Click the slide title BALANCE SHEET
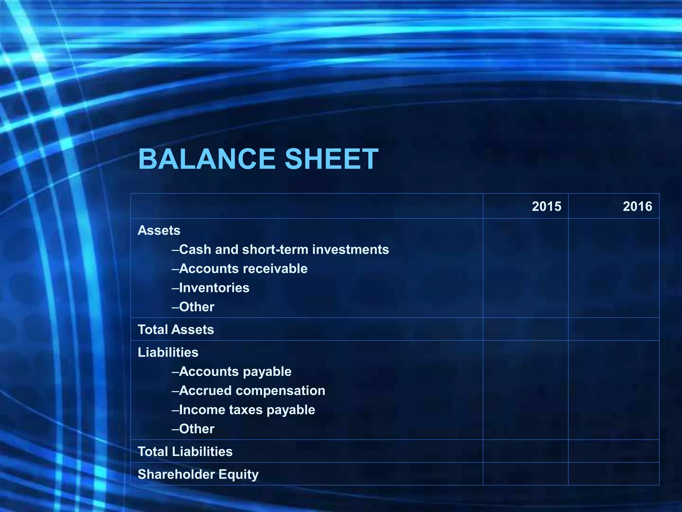click(x=258, y=159)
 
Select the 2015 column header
click(x=546, y=206)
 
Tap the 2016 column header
click(x=637, y=206)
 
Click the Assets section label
click(x=159, y=230)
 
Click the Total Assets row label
click(x=176, y=329)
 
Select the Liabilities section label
click(x=168, y=352)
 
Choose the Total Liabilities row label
click(x=185, y=451)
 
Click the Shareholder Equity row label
click(x=198, y=474)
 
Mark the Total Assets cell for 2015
click(x=525, y=329)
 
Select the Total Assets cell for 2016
click(x=613, y=329)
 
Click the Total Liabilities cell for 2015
click(x=525, y=451)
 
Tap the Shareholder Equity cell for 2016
click(x=613, y=474)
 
